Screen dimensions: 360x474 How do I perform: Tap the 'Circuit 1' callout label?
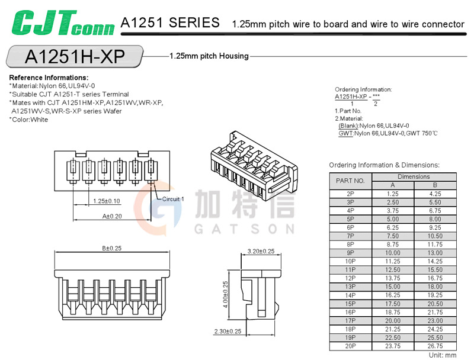tap(172, 199)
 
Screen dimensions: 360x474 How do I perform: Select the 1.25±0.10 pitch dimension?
tap(107, 201)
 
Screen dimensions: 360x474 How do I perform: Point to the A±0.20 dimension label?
tap(111, 217)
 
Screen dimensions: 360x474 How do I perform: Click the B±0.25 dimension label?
tap(111, 249)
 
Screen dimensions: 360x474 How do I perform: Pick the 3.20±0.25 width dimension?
tap(261, 251)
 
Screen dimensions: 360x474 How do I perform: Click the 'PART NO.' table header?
tap(350, 181)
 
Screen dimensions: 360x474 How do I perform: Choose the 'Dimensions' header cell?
tap(414, 176)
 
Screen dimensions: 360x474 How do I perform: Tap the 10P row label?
tap(350, 261)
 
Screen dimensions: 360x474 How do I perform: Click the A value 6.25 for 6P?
tap(392, 227)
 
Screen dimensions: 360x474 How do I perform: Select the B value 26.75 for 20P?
tap(435, 345)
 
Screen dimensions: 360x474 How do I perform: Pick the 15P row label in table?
tap(350, 303)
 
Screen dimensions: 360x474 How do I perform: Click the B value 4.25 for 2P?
tap(435, 194)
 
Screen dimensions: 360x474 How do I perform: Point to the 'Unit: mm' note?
tap(442, 355)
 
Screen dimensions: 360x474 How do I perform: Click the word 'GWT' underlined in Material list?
tap(345, 133)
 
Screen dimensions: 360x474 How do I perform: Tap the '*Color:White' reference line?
tap(37, 120)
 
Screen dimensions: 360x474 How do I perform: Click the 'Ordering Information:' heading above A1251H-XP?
tap(363, 89)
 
